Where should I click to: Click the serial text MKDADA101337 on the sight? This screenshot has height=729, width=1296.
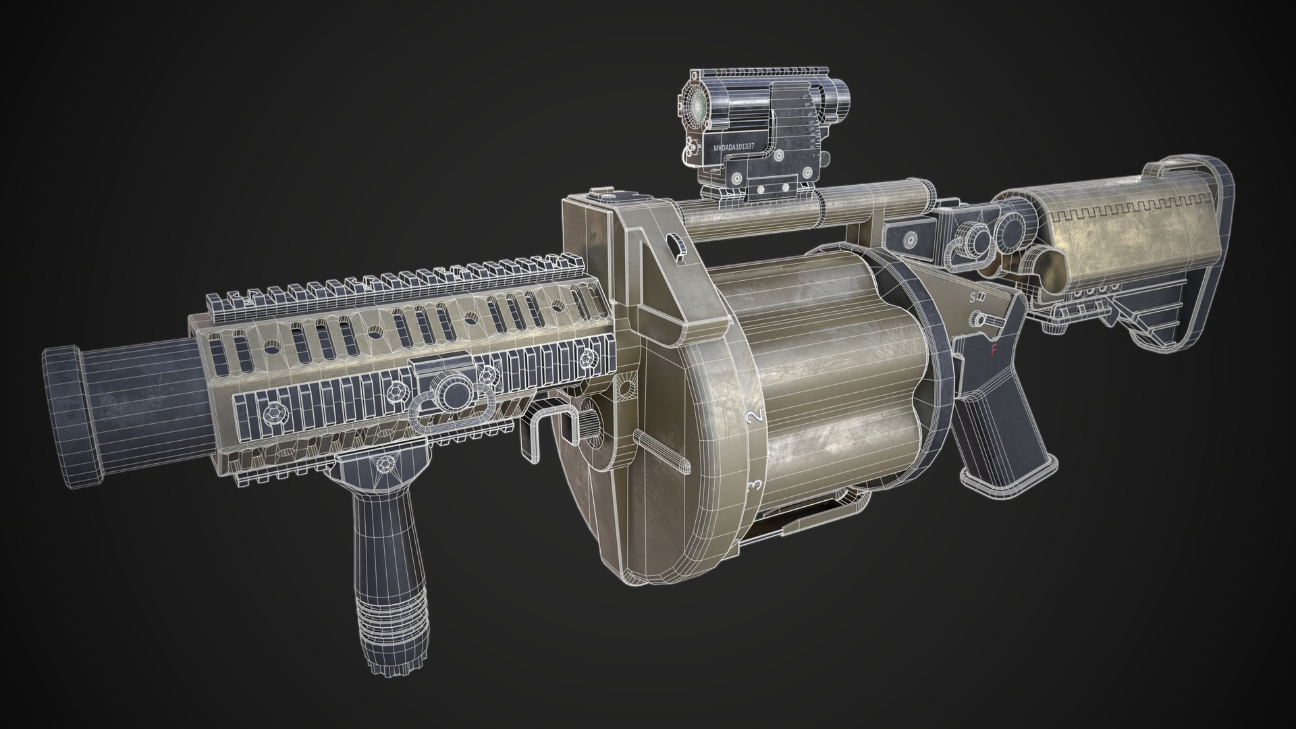(738, 145)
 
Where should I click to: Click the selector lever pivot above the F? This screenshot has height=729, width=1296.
(976, 317)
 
